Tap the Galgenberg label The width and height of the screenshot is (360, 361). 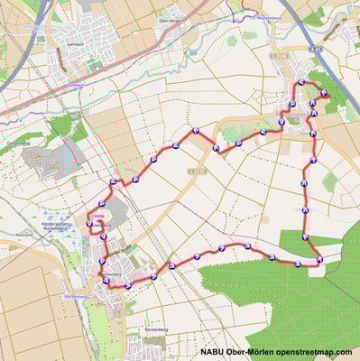(18, 143)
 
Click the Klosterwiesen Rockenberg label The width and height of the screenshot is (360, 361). (60, 225)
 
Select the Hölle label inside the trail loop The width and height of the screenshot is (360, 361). (98, 216)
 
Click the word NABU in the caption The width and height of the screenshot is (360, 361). (215, 352)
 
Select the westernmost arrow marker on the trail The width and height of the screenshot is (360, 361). (90, 223)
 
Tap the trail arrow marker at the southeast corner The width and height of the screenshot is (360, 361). (318, 260)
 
